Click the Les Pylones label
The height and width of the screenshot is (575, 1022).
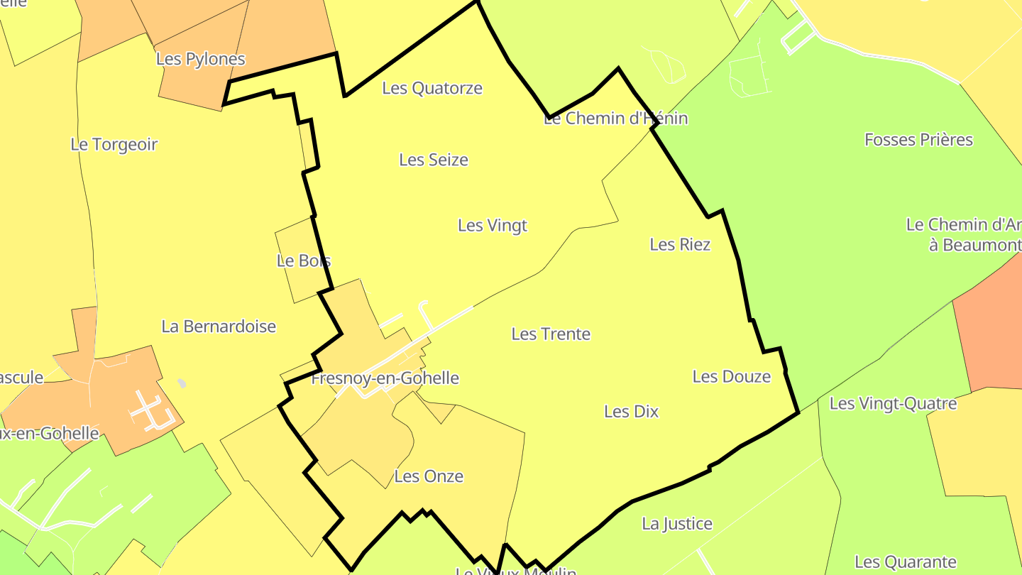click(200, 59)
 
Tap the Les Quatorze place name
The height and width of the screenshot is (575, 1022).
click(432, 88)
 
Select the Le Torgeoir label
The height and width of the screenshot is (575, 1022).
click(114, 144)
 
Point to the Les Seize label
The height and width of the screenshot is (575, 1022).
click(434, 160)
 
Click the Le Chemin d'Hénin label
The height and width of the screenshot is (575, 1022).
click(615, 119)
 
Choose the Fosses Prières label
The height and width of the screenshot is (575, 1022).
click(918, 140)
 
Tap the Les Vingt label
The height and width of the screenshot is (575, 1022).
click(493, 226)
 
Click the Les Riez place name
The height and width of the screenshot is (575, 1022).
click(680, 244)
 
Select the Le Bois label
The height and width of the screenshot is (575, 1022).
click(304, 261)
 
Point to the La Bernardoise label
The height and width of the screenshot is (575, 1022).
click(219, 327)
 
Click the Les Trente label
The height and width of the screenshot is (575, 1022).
click(551, 334)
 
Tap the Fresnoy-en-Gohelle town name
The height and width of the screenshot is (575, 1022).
click(385, 378)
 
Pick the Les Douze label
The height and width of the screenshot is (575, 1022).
click(731, 376)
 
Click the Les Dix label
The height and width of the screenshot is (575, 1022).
click(631, 411)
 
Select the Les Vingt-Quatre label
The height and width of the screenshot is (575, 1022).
click(893, 404)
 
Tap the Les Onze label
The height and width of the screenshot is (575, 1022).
click(429, 476)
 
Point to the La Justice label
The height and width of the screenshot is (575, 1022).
click(677, 524)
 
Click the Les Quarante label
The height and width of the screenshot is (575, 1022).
click(906, 562)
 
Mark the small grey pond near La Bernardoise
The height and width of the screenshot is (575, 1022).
click(182, 383)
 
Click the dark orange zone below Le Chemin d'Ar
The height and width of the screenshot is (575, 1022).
click(990, 334)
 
